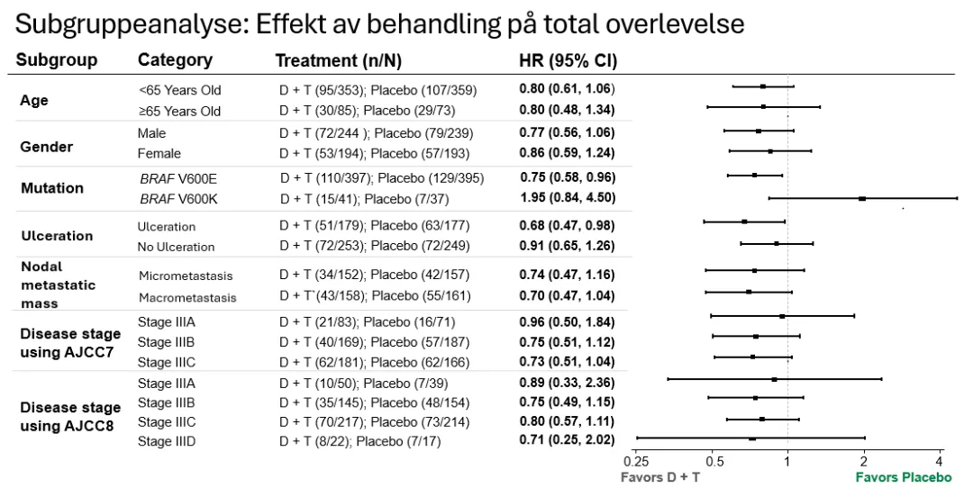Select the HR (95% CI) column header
[568, 60]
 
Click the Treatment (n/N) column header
[338, 60]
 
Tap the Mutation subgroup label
[51, 188]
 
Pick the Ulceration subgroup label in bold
[57, 236]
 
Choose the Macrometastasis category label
[186, 297]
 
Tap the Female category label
[159, 153]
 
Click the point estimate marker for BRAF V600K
[862, 198]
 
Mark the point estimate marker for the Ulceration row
[744, 221]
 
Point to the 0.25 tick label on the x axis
[636, 461]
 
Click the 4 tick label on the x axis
[940, 461]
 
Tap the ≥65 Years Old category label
[179, 112]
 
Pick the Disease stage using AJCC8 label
[69, 416]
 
